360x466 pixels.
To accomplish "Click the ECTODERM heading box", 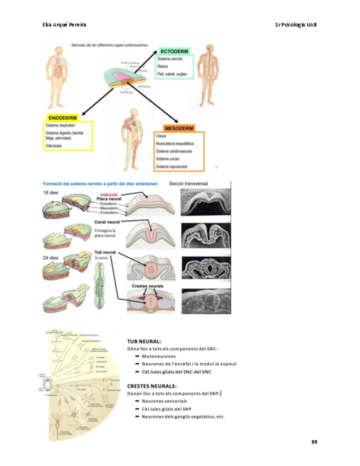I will pos(174,51).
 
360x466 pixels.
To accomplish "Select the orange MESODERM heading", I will pos(179,128).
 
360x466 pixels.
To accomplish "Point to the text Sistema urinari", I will pos(170,158).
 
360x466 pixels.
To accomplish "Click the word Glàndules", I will pos(54,146).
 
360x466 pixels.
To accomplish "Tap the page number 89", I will pos(314,442).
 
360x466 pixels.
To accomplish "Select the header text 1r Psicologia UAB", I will pos(296,25).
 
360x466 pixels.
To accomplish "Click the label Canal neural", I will pos(107,222).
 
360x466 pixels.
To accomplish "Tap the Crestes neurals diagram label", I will pos(146,286).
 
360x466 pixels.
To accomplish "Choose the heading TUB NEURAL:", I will pos(145,341).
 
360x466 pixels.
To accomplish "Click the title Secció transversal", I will pos(189,184).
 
